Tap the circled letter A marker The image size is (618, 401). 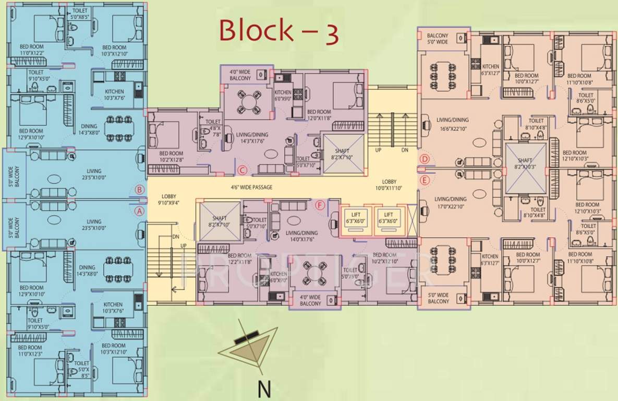[x=139, y=211]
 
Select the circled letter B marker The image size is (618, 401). [x=139, y=190]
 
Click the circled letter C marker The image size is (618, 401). [x=241, y=170]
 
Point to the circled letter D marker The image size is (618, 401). [x=425, y=159]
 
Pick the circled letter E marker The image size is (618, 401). [x=425, y=181]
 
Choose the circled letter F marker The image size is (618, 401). [x=320, y=205]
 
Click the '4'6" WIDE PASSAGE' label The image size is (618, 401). [x=252, y=187]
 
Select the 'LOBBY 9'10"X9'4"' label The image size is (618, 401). [x=169, y=199]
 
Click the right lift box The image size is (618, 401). [x=389, y=218]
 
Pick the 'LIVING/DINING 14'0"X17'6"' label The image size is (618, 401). [x=302, y=236]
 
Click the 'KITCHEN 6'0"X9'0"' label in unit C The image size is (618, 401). [x=283, y=96]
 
